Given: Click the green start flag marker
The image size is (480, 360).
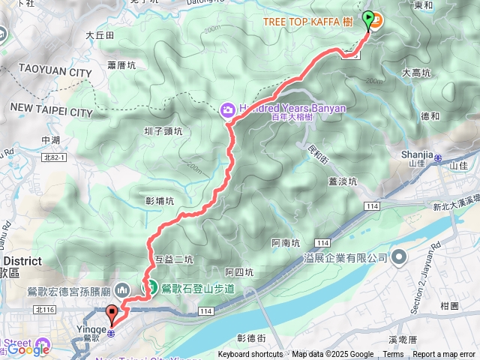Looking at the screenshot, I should [368, 19].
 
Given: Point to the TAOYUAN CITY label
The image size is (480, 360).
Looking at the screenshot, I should [48, 73].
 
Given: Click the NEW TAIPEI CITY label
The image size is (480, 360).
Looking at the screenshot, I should [50, 112].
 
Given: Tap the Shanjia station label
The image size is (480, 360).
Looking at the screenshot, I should [418, 154].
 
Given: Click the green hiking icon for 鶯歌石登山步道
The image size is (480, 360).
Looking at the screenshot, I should [151, 287].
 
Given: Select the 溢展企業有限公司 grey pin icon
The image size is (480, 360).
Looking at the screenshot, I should [397, 257].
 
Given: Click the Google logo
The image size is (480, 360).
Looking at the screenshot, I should [28, 349].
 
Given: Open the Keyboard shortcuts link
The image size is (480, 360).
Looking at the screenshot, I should [250, 355].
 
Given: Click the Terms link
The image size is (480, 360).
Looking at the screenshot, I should [393, 355].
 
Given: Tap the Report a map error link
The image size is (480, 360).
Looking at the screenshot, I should [445, 355].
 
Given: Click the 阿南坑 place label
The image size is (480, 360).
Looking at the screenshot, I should [285, 243].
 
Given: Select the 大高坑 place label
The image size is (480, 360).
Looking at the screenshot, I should [416, 73].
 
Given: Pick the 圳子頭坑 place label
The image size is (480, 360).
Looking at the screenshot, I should [161, 131].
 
